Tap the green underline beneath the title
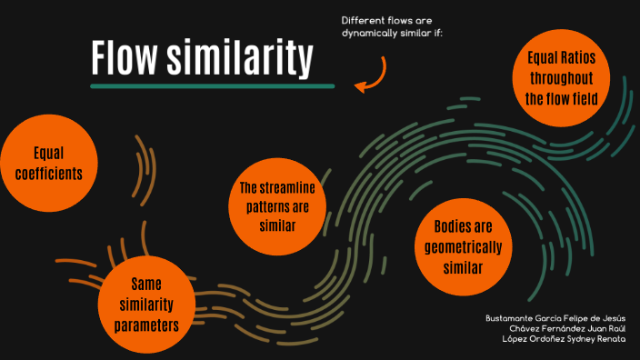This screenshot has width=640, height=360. tap(213, 86)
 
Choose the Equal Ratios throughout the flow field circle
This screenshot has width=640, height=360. tap(561, 78)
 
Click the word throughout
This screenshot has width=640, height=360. tap(561, 78)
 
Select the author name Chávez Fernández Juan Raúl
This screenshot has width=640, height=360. tap(568, 328)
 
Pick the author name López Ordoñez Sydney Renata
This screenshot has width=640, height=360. tap(564, 339)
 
